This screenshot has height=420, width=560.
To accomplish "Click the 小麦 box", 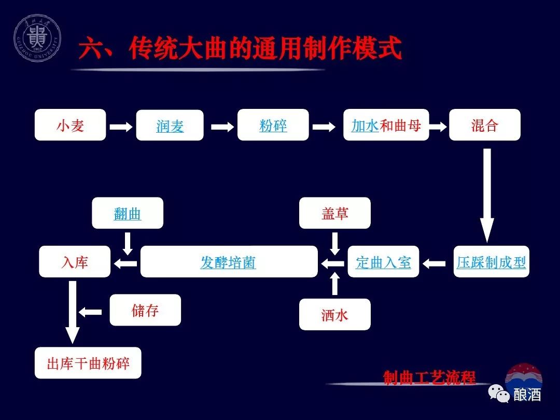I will [x=70, y=125].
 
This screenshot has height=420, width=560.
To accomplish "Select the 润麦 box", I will [x=170, y=125].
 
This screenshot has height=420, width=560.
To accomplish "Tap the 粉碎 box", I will [x=273, y=125].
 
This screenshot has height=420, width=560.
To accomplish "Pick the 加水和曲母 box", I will [x=386, y=125].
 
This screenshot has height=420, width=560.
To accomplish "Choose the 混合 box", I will [x=484, y=125].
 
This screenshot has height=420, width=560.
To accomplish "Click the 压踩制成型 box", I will [x=491, y=262].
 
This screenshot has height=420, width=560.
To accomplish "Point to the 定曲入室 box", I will [x=383, y=262].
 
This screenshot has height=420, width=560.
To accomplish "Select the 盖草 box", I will [x=334, y=213].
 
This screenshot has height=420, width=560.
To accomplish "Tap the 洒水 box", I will [x=334, y=314].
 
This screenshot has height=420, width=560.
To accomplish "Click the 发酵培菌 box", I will [x=228, y=262].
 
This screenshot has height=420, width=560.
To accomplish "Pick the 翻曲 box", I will [x=127, y=213].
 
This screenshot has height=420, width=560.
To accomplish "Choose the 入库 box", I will [x=75, y=262].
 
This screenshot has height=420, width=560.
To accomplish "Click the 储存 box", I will [x=145, y=310].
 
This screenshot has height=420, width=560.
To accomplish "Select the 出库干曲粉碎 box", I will [x=88, y=363].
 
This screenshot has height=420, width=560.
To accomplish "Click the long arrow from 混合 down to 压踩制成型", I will [x=486, y=194].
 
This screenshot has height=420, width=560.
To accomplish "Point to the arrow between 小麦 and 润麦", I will [x=121, y=126].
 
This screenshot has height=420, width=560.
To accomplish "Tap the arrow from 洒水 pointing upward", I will [x=334, y=284].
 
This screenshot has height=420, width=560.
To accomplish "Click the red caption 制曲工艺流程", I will [x=429, y=377].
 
